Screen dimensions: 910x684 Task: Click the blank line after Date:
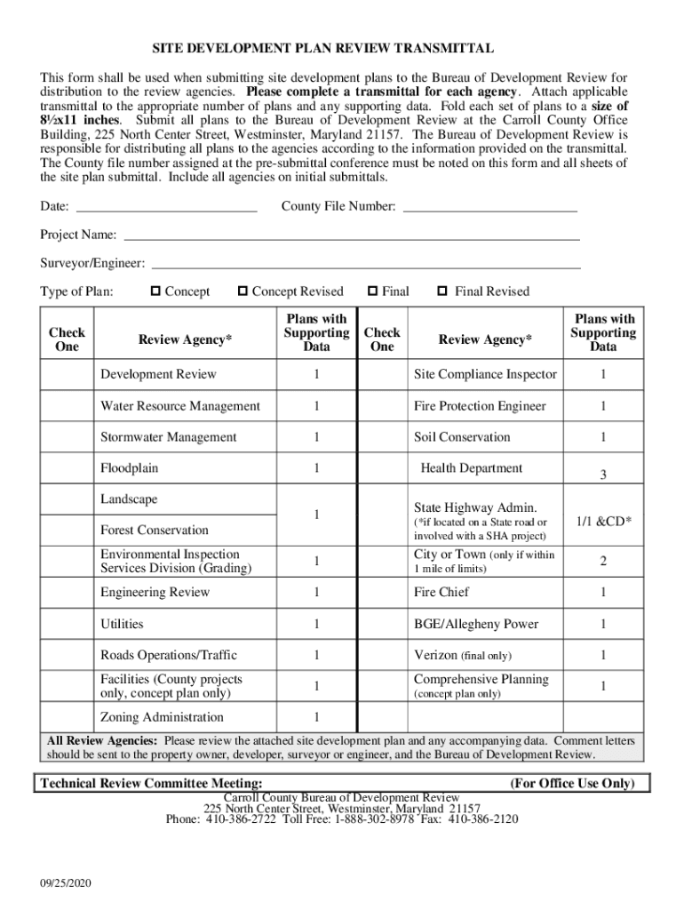point(167,212)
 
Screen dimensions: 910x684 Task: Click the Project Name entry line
point(351,239)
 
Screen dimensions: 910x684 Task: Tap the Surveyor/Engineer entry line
point(367,267)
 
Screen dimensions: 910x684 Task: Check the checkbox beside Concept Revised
point(242,291)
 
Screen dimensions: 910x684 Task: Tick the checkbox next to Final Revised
point(441,291)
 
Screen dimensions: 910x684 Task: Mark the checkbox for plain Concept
point(155,291)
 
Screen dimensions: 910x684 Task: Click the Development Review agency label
point(158,374)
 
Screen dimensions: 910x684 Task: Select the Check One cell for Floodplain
point(67,468)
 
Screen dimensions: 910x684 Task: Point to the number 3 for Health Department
point(602,475)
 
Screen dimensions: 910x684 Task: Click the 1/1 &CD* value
point(603,522)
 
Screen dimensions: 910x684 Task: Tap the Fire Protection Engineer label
point(480,406)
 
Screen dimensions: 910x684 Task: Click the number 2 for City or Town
point(603,561)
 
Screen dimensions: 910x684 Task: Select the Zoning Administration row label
point(162,717)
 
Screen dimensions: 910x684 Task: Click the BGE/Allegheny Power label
point(476,624)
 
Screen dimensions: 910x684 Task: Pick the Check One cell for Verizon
point(381,656)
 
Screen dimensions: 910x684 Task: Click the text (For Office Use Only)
point(572,783)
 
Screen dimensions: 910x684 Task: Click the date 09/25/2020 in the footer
point(66,883)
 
